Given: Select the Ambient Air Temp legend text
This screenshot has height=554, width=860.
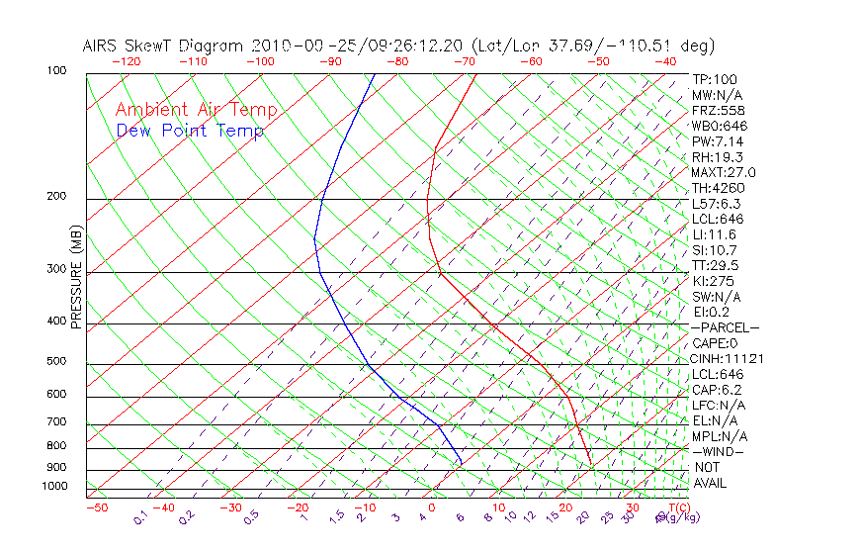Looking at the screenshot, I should pyautogui.click(x=197, y=111).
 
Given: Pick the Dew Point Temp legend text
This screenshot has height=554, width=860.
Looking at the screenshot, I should pyautogui.click(x=190, y=132).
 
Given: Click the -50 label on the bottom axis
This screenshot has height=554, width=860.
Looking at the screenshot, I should pyautogui.click(x=96, y=508).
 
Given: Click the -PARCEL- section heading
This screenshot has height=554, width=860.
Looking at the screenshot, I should pyautogui.click(x=725, y=327).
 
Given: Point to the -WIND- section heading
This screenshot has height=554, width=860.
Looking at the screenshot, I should pyautogui.click(x=718, y=451).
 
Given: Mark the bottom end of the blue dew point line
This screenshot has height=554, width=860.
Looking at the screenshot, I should pyautogui.click(x=462, y=463).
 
